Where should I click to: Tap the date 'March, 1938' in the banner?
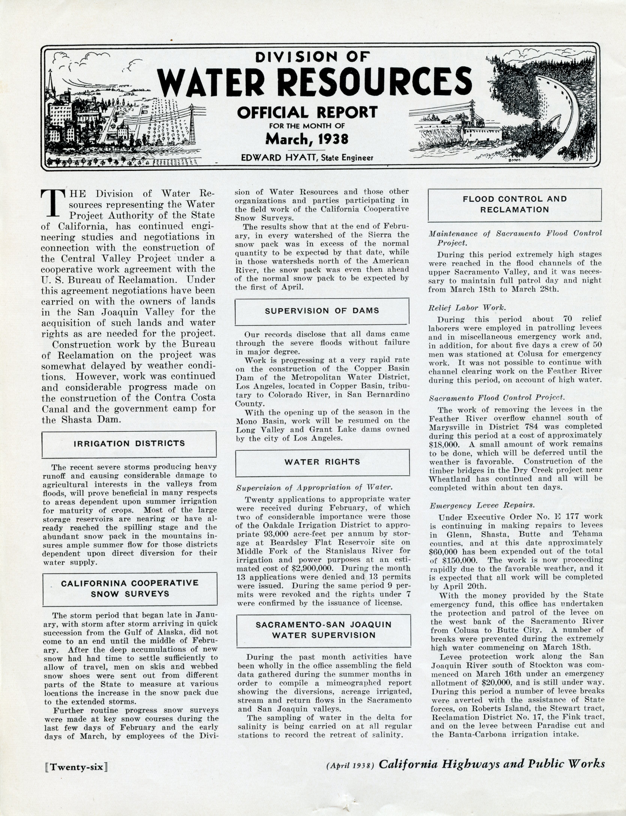tap(307, 139)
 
